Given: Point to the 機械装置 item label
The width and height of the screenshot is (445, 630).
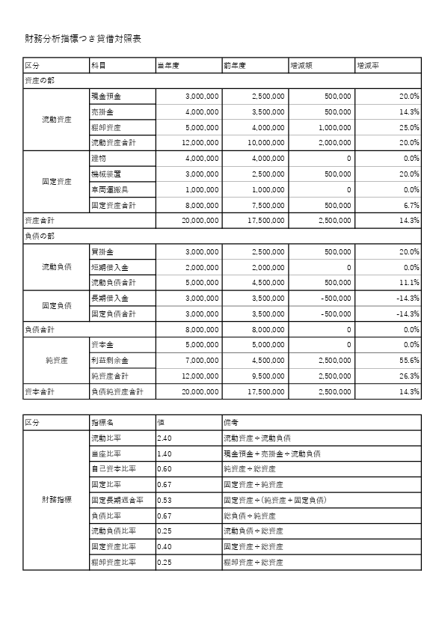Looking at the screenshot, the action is point(106,174).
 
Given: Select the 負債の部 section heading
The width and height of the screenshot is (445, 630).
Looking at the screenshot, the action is point(38,236).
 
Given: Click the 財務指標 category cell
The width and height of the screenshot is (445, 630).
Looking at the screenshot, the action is point(57,500).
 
